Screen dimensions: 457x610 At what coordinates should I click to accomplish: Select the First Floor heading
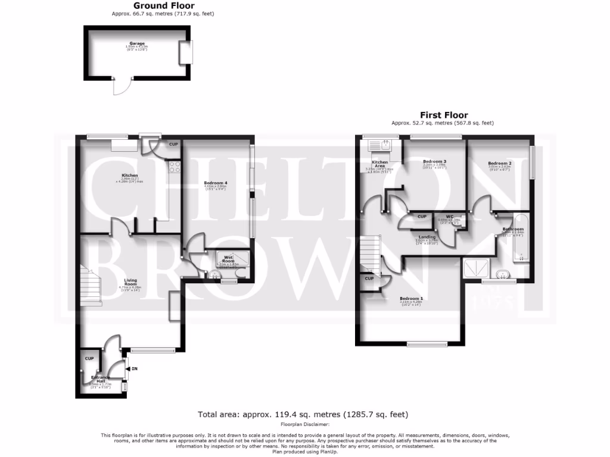[443, 115]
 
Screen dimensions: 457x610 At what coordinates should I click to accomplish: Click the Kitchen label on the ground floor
[130, 176]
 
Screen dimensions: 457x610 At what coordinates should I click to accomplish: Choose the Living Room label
[130, 282]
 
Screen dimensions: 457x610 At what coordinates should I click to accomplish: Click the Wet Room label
[229, 259]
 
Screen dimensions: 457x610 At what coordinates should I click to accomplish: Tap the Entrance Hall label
[98, 379]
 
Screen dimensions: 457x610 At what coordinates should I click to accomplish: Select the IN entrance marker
[134, 370]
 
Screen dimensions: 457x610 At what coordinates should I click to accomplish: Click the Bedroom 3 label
[434, 161]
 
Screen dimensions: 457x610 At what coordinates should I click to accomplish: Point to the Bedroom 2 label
[499, 163]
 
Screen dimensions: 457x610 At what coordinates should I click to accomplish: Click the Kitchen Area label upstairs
[380, 164]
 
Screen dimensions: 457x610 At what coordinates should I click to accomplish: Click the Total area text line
[303, 414]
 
